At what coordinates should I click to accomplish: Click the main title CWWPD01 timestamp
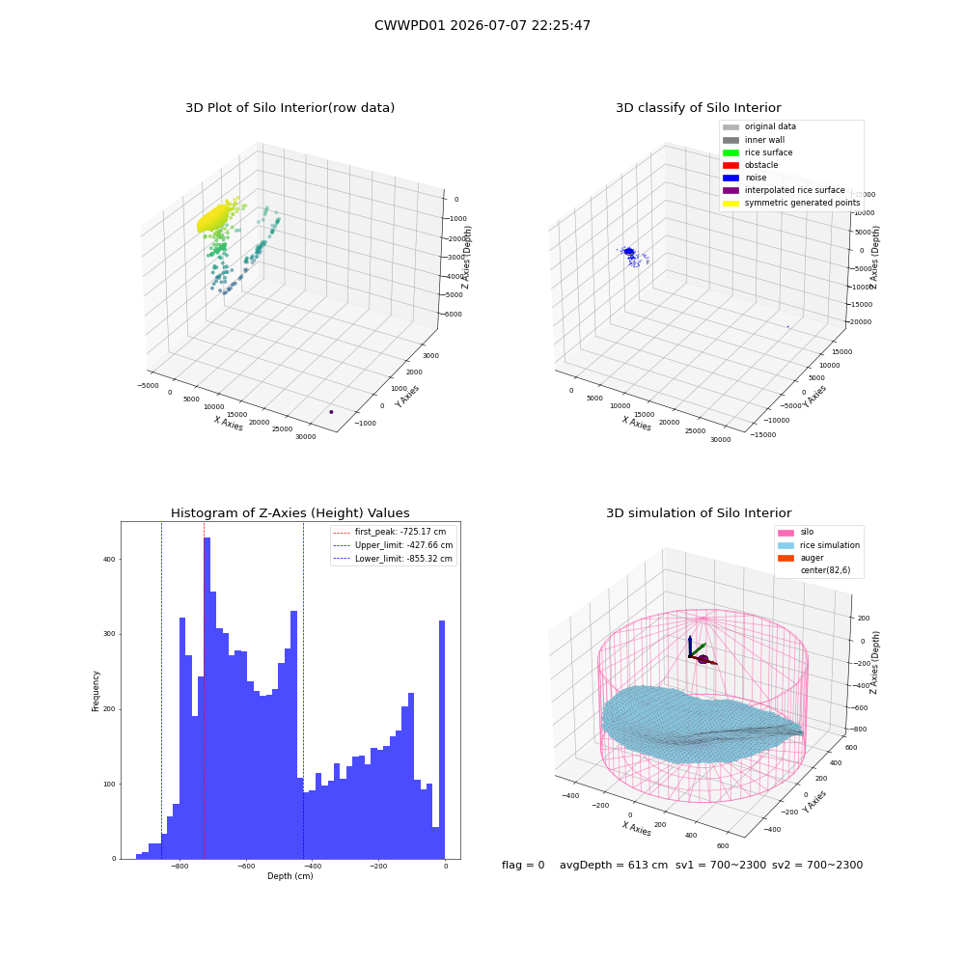482,25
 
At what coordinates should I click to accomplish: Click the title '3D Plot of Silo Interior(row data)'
289,108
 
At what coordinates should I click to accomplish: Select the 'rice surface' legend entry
758,152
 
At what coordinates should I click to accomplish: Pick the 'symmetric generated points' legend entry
791,203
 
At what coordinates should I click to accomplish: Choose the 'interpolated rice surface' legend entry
784,190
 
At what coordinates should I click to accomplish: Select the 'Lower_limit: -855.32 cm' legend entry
393,559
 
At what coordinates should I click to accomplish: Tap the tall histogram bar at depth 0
441,740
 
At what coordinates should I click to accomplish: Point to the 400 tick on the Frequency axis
111,560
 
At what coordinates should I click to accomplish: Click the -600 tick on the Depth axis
246,866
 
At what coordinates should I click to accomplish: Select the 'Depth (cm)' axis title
289,876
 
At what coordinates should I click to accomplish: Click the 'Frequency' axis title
96,691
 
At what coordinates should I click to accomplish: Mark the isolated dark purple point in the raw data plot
331,412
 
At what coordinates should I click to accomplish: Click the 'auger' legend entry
801,558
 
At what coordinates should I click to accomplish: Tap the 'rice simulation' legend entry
818,545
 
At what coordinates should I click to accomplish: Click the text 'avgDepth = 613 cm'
614,865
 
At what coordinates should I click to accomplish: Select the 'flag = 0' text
523,865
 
